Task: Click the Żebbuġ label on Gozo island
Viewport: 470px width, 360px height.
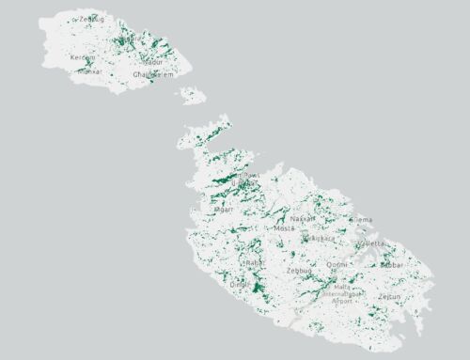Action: [92, 19]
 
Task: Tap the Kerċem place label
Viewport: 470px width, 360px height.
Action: [83, 57]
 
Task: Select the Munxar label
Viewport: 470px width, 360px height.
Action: [89, 70]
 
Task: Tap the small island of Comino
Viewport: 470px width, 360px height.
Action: [194, 95]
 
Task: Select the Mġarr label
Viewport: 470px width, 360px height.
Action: [224, 210]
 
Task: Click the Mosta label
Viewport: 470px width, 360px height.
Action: [284, 228]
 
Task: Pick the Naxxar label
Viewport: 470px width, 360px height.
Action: [303, 218]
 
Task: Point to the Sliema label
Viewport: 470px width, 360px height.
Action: [360, 220]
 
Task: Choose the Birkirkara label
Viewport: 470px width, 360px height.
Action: [321, 238]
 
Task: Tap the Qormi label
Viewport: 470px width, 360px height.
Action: [336, 265]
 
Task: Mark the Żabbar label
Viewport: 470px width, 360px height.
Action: [392, 265]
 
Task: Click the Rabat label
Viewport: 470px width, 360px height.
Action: [252, 263]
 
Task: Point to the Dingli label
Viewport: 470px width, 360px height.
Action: [240, 285]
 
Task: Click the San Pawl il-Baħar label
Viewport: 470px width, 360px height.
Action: [248, 176]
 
